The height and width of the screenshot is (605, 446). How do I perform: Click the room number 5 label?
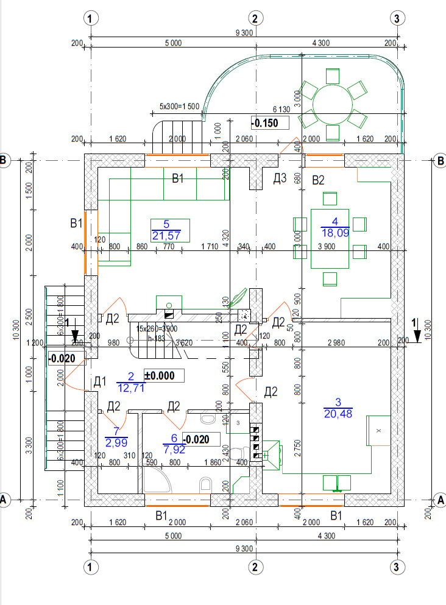point(166,224)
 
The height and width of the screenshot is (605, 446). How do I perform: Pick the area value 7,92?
point(174,450)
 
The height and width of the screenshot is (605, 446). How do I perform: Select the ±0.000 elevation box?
point(163,375)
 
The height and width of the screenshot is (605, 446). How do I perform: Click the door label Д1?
point(100,382)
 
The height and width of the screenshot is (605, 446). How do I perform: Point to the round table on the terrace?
point(333,104)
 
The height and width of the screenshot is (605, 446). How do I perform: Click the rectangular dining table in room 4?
point(330,238)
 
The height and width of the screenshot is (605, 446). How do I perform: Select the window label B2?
point(318,180)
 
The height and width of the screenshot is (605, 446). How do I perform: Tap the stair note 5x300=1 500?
point(179,106)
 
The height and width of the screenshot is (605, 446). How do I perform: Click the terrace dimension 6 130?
point(280,109)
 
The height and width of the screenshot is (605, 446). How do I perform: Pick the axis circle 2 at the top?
point(256,18)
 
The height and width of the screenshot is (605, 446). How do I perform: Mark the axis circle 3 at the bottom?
point(397,567)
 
